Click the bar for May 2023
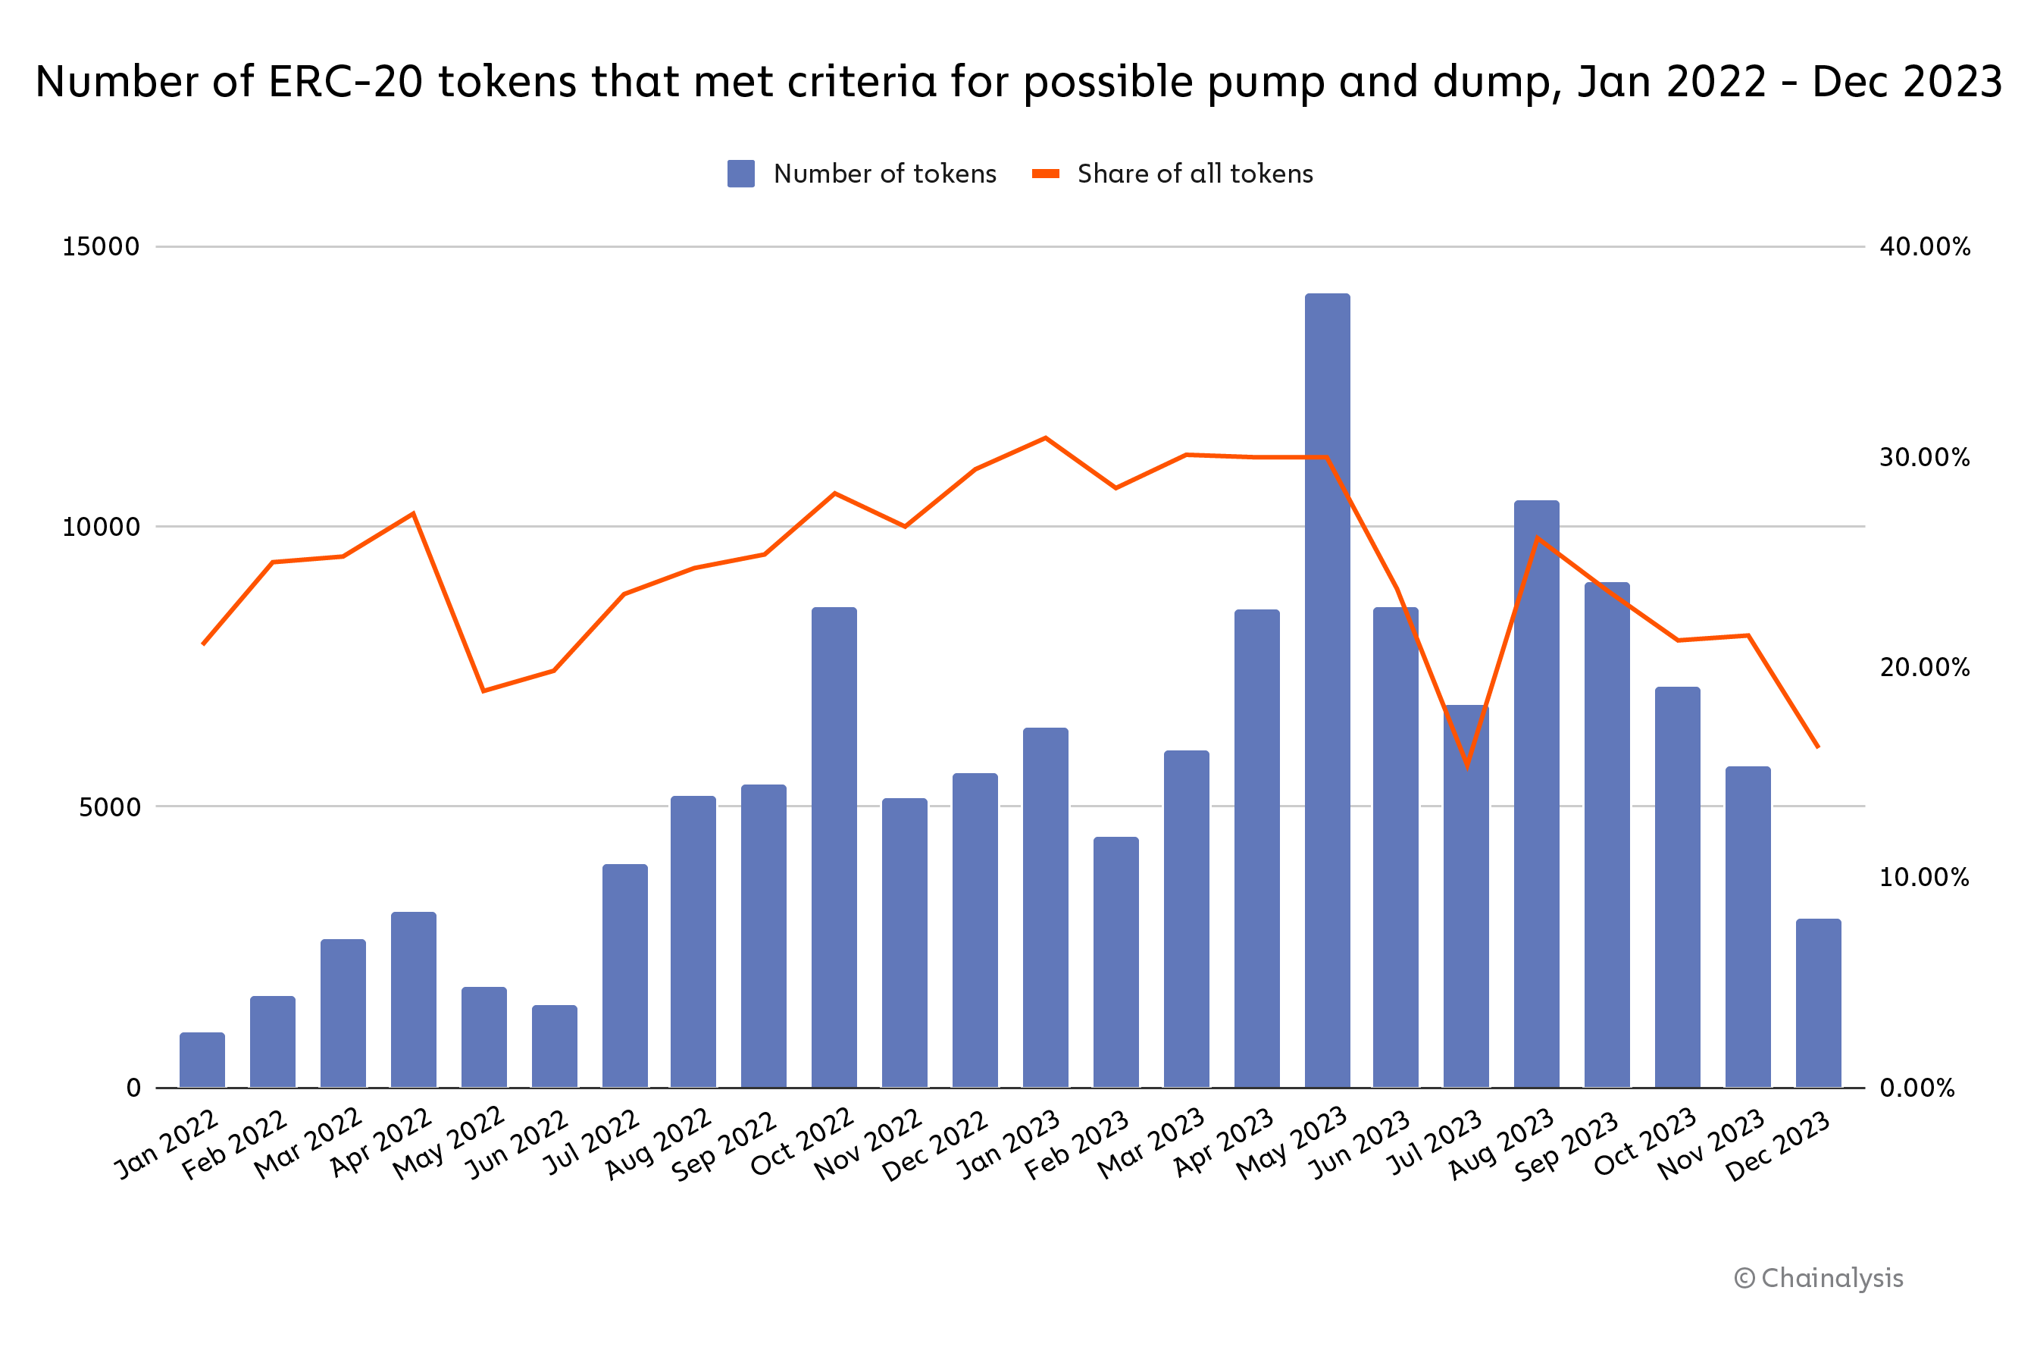[x=1327, y=691]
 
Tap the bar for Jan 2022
[x=202, y=1060]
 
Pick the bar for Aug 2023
[x=1537, y=794]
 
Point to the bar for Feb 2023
[x=1115, y=962]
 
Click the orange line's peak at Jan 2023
[x=1046, y=438]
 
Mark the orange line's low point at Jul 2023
[x=1466, y=766]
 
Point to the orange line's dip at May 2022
[x=483, y=691]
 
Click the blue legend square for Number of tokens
[x=741, y=174]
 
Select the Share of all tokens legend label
[x=1195, y=174]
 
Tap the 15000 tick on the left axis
[x=101, y=247]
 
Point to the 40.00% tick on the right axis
[x=1925, y=247]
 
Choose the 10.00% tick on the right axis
[x=1925, y=878]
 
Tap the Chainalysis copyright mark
[x=1819, y=1278]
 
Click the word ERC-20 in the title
[x=345, y=82]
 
